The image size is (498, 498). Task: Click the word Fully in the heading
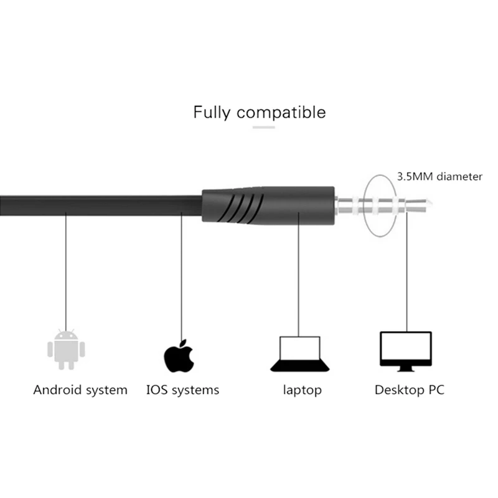click(212, 113)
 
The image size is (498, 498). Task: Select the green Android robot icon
click(65, 349)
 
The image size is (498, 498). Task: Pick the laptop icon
click(299, 353)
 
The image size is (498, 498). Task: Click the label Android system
click(80, 390)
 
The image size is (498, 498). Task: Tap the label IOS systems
click(182, 390)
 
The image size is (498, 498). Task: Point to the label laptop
click(303, 390)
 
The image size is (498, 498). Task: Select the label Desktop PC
click(409, 390)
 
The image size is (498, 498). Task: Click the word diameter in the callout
click(459, 177)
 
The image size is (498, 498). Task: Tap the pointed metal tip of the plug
click(426, 203)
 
